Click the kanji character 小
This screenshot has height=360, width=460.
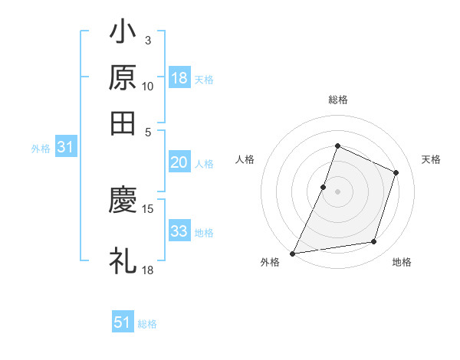pyautogui.click(x=123, y=34)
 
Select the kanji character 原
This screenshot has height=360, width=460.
pyautogui.click(x=123, y=77)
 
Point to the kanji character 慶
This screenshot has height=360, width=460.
pyautogui.click(x=123, y=200)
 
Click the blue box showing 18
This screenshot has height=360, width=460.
pyautogui.click(x=179, y=78)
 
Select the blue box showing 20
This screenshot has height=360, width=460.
pyautogui.click(x=179, y=162)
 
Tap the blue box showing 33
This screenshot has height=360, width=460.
pyautogui.click(x=179, y=231)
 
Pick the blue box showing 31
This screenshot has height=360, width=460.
pyautogui.click(x=65, y=148)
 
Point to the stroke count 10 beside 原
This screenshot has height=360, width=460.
pyautogui.click(x=147, y=87)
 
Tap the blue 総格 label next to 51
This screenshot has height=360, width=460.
pyautogui.click(x=147, y=324)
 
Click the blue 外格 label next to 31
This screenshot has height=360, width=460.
pyautogui.click(x=41, y=149)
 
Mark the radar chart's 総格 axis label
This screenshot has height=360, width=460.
pyautogui.click(x=337, y=100)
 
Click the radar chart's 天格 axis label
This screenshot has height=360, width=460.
pyautogui.click(x=431, y=159)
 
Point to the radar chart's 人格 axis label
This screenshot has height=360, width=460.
pyautogui.click(x=245, y=159)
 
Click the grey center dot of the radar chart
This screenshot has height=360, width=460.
pyautogui.click(x=337, y=191)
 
